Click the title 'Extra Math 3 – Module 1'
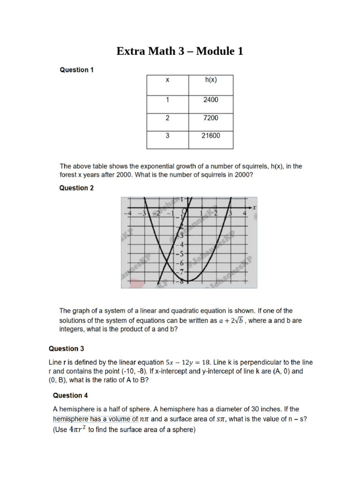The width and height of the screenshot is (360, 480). [x=180, y=51]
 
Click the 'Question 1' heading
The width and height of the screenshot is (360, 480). [x=76, y=70]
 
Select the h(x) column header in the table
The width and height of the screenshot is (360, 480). [x=211, y=80]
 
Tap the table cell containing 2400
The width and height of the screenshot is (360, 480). [x=211, y=100]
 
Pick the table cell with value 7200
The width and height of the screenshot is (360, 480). [x=211, y=118]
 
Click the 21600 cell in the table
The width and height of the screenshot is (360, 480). [x=211, y=135]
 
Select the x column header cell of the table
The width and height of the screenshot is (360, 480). [x=167, y=80]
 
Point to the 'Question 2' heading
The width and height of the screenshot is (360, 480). [x=76, y=188]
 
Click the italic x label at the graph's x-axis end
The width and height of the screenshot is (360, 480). [x=254, y=207]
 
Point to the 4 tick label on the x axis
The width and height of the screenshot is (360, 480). [x=245, y=214]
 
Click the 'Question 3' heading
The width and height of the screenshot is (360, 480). [x=67, y=349]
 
